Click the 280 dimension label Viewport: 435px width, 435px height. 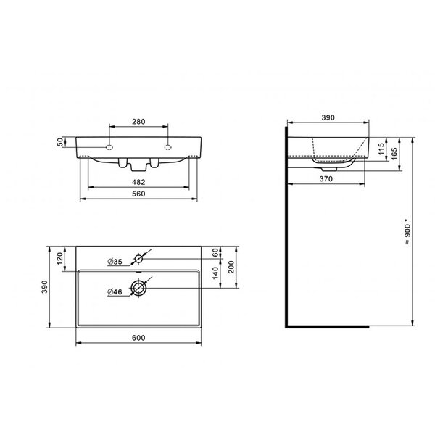[x=138, y=122]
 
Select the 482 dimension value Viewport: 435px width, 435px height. [x=138, y=182]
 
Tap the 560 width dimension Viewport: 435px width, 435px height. [x=138, y=194]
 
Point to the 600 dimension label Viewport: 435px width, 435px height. [x=138, y=338]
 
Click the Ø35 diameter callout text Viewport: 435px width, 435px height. [x=115, y=262]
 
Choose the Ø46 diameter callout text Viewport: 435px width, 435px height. [x=115, y=292]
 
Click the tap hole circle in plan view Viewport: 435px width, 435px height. [x=138, y=259]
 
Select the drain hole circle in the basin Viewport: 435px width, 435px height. [x=138, y=288]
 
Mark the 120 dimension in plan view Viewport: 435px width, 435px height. [x=60, y=259]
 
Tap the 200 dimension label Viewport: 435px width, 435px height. [x=231, y=267]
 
